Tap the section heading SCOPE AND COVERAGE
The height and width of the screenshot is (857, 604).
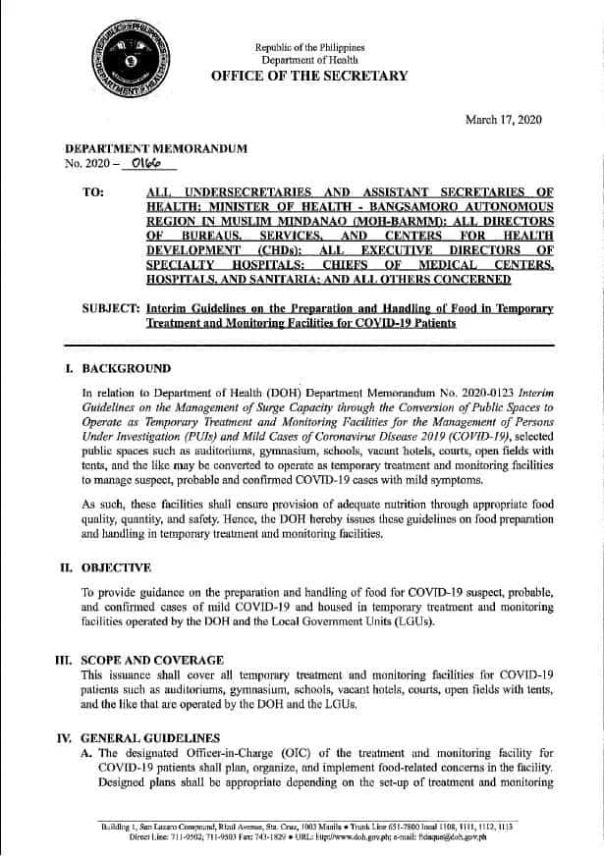pos(152,660)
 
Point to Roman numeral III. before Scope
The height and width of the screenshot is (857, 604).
pos(65,660)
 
